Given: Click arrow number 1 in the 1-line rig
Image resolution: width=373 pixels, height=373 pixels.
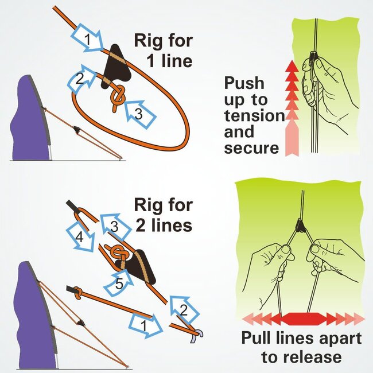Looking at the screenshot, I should click(87, 40).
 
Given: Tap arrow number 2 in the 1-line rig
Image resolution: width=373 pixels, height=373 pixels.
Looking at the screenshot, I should click(80, 79).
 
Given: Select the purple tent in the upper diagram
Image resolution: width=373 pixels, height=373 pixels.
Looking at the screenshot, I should click(31, 121).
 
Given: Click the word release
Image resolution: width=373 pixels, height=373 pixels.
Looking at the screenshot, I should click(312, 358).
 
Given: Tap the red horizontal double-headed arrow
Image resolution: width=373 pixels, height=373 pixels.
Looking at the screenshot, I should click(302, 317).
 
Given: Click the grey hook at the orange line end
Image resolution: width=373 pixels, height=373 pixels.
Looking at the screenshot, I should click(200, 335).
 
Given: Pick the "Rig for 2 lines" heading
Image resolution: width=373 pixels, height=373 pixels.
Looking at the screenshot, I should click(163, 215).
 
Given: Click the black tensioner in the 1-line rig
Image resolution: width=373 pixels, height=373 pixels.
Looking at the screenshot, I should click(118, 69).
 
